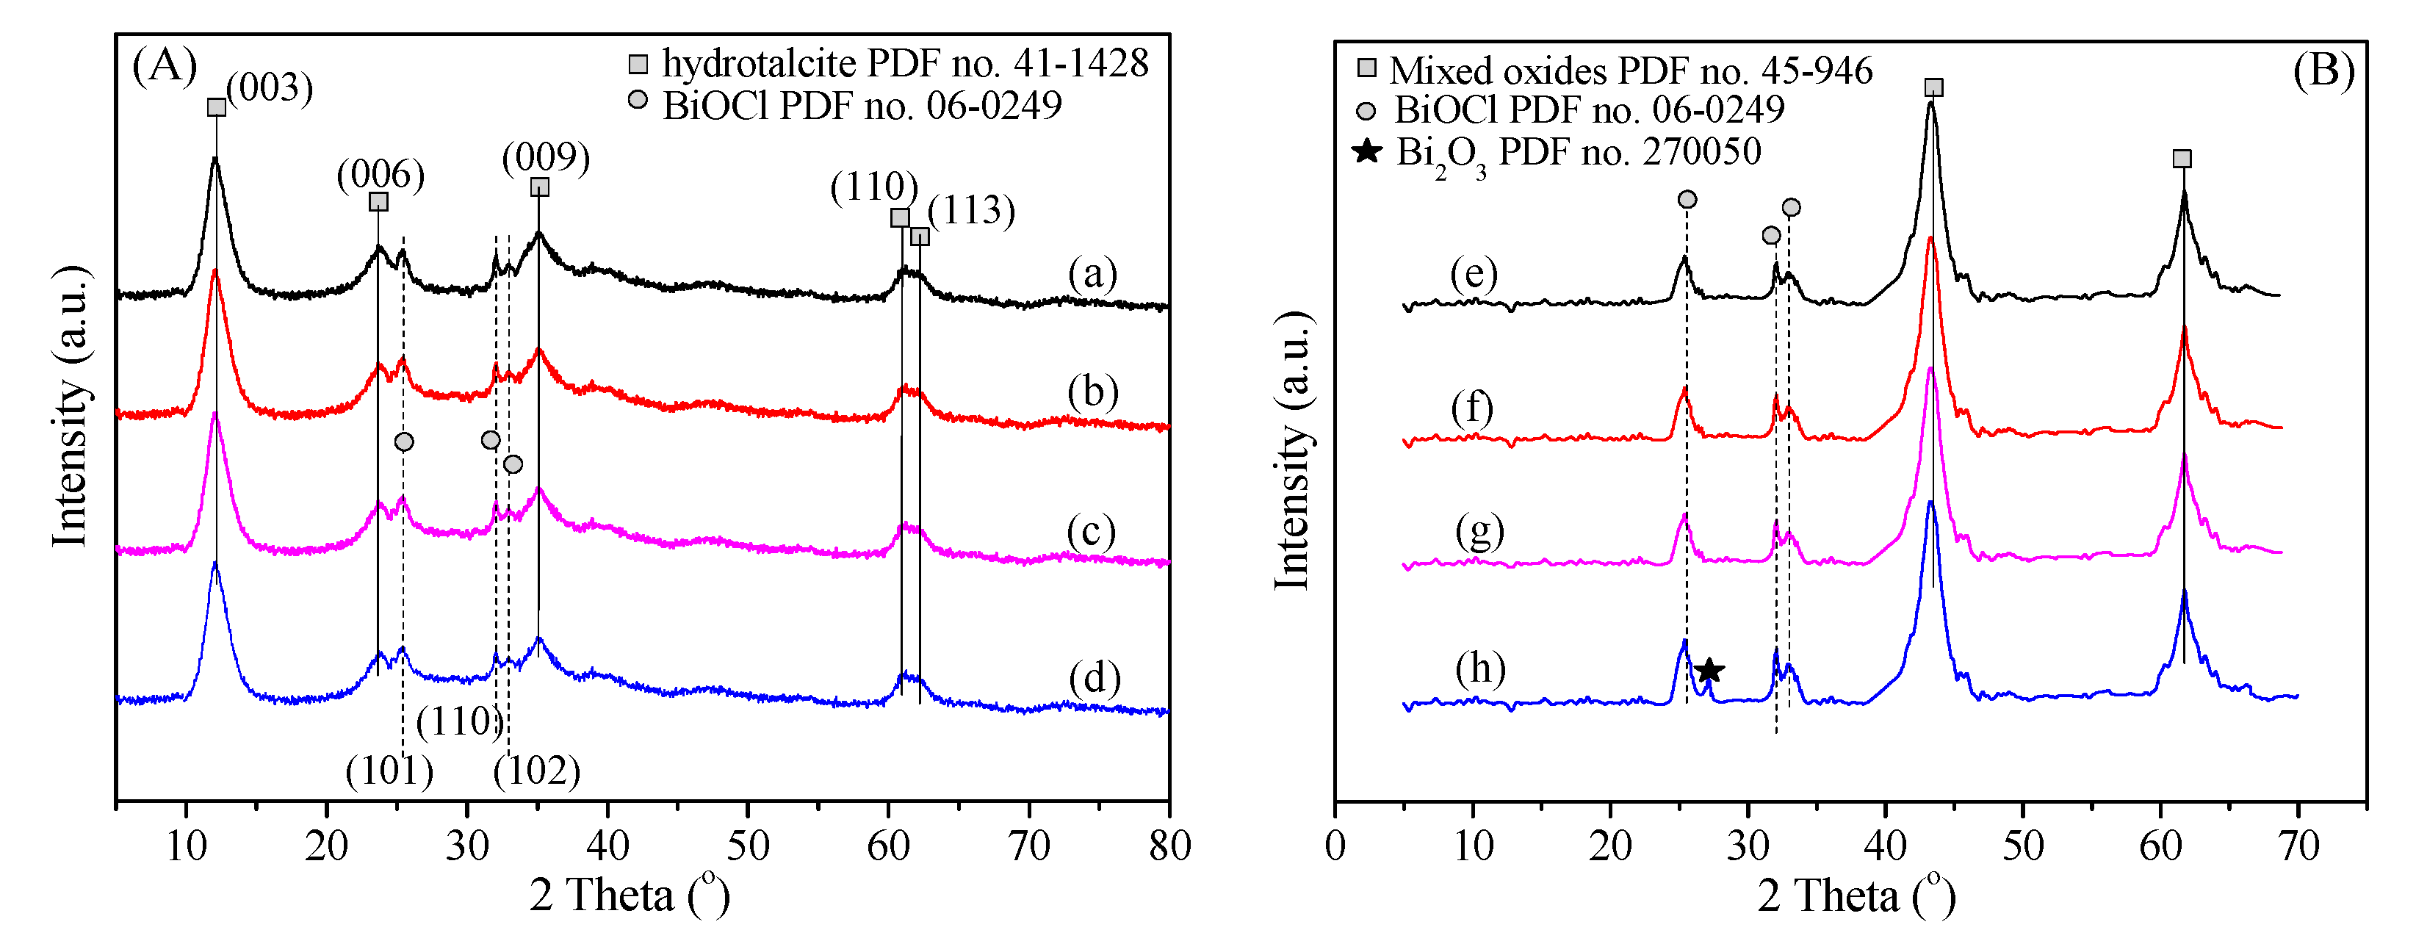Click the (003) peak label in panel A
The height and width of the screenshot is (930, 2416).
click(270, 88)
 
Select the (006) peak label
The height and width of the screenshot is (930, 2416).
click(381, 174)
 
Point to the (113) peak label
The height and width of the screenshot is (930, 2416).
click(972, 210)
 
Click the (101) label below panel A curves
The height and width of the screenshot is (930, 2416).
click(389, 771)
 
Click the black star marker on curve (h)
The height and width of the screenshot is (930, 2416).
click(1709, 670)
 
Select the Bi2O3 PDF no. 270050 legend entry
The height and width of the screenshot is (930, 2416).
click(1557, 153)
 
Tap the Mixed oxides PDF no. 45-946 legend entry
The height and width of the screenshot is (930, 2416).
click(1615, 71)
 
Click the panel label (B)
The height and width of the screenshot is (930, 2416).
click(2323, 71)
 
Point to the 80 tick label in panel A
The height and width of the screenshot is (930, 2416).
click(1169, 846)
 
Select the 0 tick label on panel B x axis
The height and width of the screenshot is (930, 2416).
click(1335, 846)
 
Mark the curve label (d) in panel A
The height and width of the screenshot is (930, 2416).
click(1094, 678)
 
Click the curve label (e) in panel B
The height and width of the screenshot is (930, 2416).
click(1474, 274)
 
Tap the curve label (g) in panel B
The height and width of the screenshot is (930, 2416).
click(1479, 532)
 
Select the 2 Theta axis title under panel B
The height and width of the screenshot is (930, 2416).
click(1855, 895)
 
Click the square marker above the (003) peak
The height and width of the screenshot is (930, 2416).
click(217, 107)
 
